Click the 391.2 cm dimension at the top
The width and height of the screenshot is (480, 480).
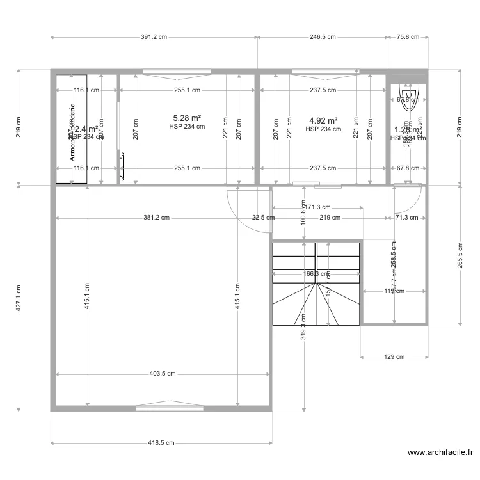point(154,37)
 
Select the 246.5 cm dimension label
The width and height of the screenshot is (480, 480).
point(323,37)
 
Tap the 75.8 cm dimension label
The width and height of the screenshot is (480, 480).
point(408,37)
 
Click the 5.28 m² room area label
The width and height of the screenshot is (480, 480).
point(187,118)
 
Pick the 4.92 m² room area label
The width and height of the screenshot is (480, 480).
point(323,120)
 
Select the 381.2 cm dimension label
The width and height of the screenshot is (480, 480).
point(156,218)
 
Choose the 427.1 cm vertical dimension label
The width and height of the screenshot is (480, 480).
point(19,298)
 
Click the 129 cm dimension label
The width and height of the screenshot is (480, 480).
point(394,357)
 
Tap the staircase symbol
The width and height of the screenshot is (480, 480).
point(316,284)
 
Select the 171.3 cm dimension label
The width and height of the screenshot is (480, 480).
point(317,207)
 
